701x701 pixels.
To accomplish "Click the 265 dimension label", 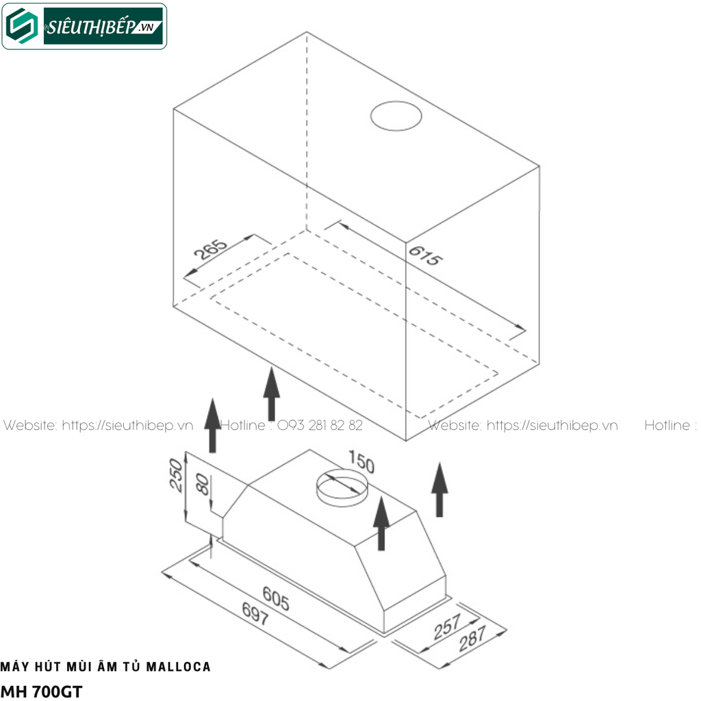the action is [210, 249].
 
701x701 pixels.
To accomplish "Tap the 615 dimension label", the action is [426, 255].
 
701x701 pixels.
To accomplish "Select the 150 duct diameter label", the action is [361, 462].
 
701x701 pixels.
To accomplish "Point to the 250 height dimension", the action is [176, 475].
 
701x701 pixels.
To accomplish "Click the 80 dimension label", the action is [203, 485].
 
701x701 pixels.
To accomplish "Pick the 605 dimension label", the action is [276, 598].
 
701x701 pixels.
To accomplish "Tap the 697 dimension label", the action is [255, 613].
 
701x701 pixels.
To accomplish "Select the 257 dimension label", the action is [447, 627].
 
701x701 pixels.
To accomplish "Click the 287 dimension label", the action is [472, 639].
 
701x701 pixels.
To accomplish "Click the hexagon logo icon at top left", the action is [22, 27].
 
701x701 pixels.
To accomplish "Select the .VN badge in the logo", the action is [146, 27].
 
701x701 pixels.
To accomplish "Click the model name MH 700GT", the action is [42, 691].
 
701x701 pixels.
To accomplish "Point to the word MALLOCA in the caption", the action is [179, 667].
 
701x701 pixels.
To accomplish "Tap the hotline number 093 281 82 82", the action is [320, 424].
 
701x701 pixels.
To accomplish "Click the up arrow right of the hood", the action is [439, 489].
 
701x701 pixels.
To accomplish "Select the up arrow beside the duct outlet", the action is [381, 523].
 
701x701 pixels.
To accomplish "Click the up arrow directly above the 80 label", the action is [212, 425].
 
